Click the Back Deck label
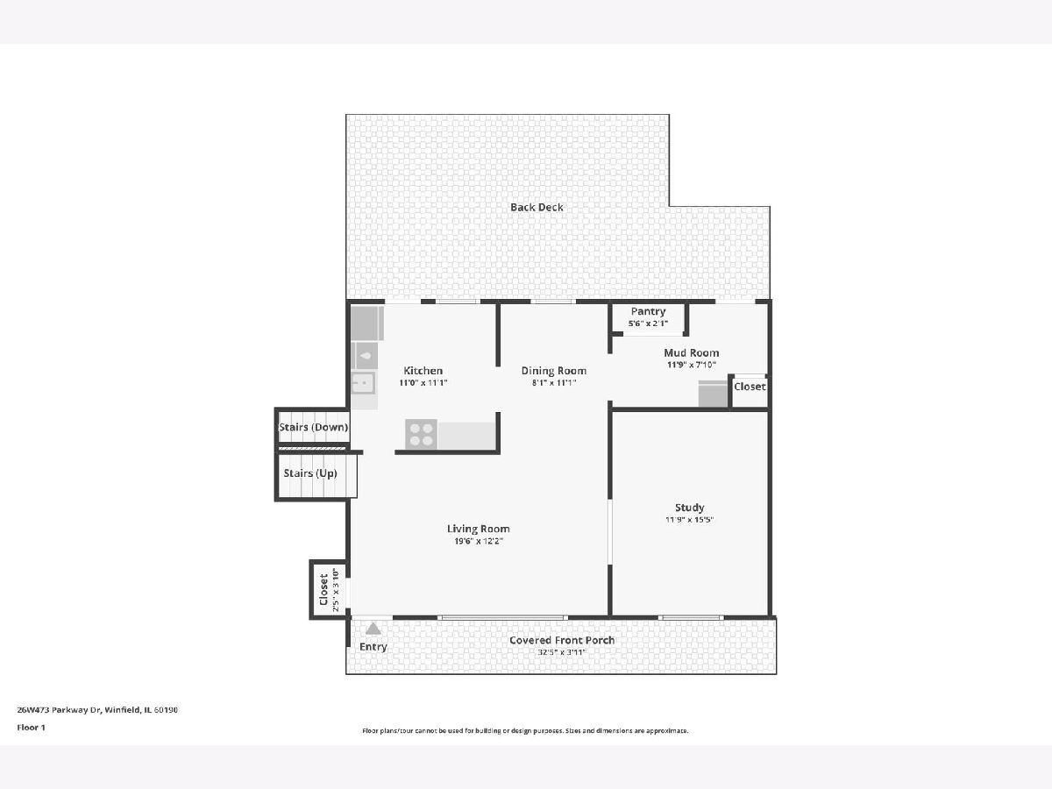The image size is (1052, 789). tap(537, 208)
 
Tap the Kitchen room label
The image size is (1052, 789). tap(423, 371)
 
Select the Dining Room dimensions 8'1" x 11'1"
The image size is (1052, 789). tap(553, 383)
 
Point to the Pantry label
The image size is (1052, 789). tap(648, 312)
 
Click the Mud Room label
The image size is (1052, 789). tap(691, 353)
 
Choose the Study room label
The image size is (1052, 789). tap(689, 508)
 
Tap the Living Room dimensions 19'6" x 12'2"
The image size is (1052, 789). tap(479, 541)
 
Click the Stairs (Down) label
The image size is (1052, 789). tap(314, 427)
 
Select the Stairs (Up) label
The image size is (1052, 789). tap(310, 473)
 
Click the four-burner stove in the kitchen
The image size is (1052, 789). tap(421, 435)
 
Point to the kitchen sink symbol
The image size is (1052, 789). tap(364, 383)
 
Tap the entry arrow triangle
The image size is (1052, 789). tap(373, 629)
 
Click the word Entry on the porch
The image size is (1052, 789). tap(373, 647)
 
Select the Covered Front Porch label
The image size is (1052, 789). tap(562, 641)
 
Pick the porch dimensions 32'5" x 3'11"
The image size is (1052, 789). tap(562, 652)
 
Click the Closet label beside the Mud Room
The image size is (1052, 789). tap(750, 387)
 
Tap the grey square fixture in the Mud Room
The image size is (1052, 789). tap(713, 394)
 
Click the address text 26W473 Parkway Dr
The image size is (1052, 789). tap(59, 710)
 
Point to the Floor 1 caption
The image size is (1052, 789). tap(32, 728)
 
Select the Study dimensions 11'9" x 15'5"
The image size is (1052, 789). tap(689, 520)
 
